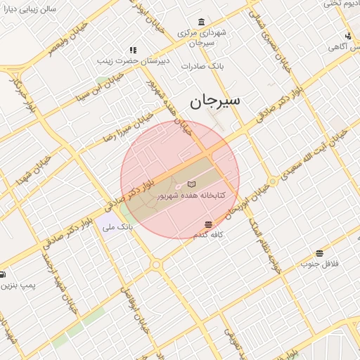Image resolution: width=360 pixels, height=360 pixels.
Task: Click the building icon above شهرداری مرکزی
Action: [202, 21]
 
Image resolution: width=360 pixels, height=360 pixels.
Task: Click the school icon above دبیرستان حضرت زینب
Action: [132, 50]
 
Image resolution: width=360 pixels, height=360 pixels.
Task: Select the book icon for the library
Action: [191, 184]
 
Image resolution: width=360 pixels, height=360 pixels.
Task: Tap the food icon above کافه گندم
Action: [208, 224]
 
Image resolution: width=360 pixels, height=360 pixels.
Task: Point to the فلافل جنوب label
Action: [320, 264]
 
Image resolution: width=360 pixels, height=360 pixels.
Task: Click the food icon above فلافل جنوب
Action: [320, 253]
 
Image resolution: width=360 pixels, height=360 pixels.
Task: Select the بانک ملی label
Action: [117, 227]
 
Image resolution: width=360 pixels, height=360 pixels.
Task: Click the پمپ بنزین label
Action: [17, 286]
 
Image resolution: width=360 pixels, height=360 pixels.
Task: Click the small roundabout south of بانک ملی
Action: [155, 265]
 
